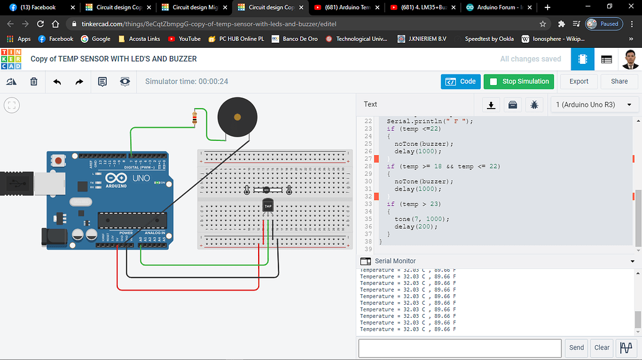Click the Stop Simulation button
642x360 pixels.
tap(519, 81)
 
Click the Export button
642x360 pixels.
tap(578, 81)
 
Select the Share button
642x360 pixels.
tap(618, 81)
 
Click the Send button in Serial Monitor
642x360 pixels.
tap(576, 348)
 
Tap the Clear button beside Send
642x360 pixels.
tap(601, 348)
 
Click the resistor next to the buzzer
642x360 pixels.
tap(195, 117)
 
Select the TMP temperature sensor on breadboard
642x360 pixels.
tap(268, 205)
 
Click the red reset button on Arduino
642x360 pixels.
tap(59, 161)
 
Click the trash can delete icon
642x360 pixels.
tap(34, 81)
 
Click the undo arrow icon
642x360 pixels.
tap(57, 81)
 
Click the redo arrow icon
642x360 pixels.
tap(79, 81)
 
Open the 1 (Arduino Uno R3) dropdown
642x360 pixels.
tap(594, 105)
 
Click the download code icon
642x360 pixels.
tap(491, 105)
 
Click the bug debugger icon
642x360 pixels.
tap(533, 105)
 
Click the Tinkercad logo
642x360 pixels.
tap(11, 59)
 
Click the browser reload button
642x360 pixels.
tap(40, 24)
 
